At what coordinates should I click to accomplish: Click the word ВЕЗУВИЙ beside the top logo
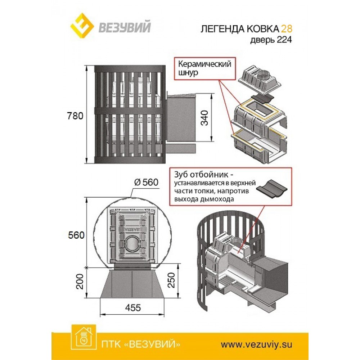(122, 28)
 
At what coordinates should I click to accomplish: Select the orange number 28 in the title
(286, 29)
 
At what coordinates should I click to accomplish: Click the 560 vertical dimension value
(77, 235)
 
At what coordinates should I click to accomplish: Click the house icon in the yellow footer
(84, 338)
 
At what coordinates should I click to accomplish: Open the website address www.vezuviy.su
(256, 344)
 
